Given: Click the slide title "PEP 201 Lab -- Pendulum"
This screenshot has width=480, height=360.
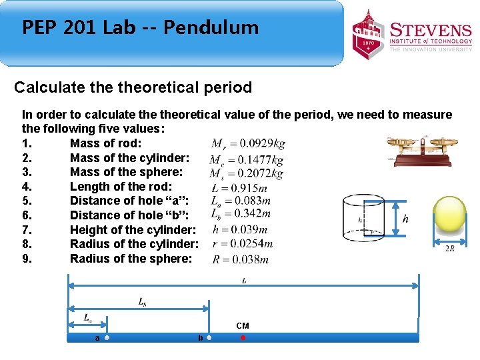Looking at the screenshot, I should click(x=140, y=28).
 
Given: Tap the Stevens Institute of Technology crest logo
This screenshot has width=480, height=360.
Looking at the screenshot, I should click(x=369, y=35).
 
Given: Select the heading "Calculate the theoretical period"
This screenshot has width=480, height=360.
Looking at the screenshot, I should click(x=133, y=87).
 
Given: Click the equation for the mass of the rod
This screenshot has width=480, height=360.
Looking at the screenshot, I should click(x=248, y=143).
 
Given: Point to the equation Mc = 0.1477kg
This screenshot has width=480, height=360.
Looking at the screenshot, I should click(x=246, y=159).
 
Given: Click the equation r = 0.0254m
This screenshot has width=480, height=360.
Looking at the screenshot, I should click(x=242, y=244).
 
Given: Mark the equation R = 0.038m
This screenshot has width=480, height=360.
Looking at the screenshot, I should click(x=240, y=259).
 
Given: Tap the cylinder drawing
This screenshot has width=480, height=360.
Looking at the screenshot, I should click(x=364, y=217).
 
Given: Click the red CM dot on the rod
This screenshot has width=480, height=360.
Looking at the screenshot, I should click(x=243, y=338).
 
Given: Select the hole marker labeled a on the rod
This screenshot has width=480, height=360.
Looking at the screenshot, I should click(x=107, y=338).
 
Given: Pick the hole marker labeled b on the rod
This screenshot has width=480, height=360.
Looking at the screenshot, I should click(x=209, y=338).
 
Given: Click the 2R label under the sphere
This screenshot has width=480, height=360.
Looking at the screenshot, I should click(x=450, y=249).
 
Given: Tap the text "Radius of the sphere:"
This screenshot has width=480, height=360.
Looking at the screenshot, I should click(x=131, y=259).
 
